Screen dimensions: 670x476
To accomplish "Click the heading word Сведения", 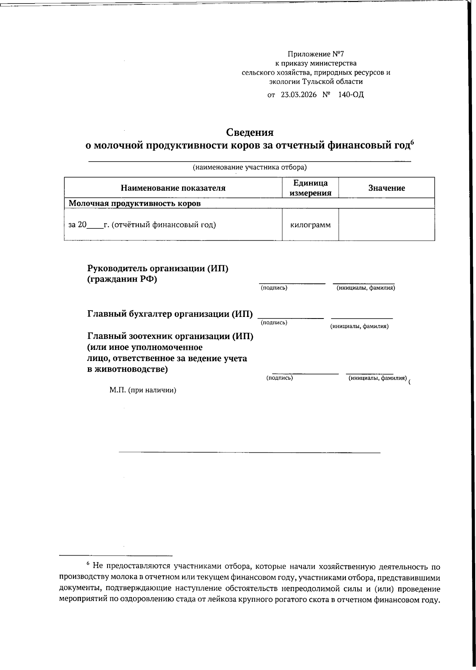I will tap(250, 132).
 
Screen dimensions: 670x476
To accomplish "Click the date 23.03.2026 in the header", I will tap(299, 95).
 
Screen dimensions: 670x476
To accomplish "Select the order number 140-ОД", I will tap(351, 95).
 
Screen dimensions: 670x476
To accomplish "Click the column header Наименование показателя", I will tap(173, 188).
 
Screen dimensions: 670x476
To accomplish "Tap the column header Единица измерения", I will tap(310, 188).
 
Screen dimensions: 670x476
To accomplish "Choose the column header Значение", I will tap(386, 188).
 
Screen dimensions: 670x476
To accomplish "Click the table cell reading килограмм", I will tap(310, 225).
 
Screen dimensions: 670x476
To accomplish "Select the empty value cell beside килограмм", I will tap(386, 225).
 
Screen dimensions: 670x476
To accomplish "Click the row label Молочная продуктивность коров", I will tap(135, 203).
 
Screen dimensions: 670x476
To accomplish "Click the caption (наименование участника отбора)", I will tap(250, 167).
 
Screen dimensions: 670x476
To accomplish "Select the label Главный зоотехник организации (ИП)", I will tap(170, 336).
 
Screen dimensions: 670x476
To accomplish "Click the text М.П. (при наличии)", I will tap(143, 390).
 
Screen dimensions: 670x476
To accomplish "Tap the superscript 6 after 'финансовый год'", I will tap(412, 142).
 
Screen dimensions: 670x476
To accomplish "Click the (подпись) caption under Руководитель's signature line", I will tap(274, 288).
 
